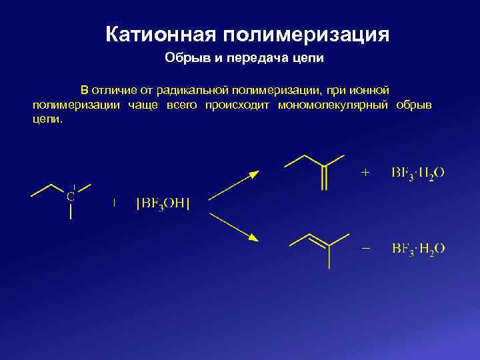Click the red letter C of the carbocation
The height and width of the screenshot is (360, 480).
point(70,197)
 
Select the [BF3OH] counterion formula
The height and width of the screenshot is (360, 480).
point(163,203)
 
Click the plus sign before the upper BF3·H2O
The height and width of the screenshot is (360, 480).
point(365,172)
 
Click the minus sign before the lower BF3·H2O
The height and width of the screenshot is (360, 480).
point(365,248)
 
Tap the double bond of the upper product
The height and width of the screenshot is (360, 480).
point(325,177)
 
